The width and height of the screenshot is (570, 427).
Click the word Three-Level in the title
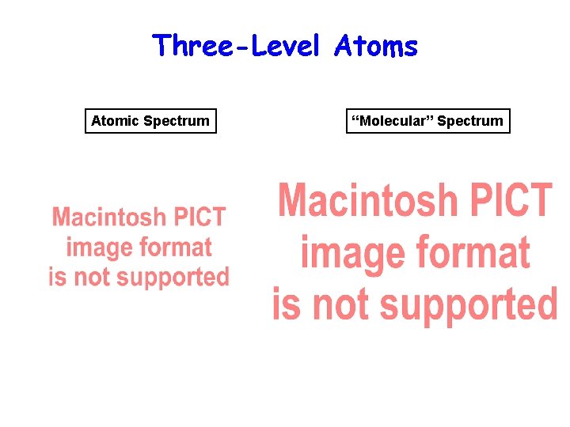[235, 46]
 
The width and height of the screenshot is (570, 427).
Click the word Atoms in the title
[375, 46]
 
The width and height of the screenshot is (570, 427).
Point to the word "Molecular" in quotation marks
[393, 121]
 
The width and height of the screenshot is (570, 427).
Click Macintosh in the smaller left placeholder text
[109, 217]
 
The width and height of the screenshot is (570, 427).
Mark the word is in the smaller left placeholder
[57, 278]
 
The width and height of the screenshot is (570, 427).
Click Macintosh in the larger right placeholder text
[368, 200]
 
